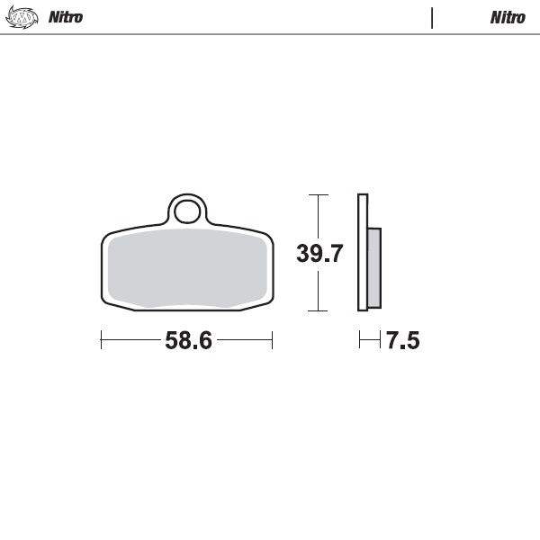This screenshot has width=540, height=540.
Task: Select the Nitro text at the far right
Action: (x=508, y=17)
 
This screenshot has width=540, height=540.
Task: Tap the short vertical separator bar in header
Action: (x=432, y=17)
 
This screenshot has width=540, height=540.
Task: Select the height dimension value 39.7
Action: (x=319, y=254)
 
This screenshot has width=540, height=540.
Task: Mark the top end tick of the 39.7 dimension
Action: (x=317, y=194)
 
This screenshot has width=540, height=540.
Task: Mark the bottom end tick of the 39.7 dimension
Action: (x=317, y=310)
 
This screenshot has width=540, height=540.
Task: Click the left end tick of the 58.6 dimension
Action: (x=101, y=340)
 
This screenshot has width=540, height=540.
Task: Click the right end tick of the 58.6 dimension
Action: (x=272, y=340)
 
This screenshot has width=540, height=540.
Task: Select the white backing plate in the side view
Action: (x=362, y=252)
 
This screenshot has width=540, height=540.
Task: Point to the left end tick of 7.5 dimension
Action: (x=359, y=340)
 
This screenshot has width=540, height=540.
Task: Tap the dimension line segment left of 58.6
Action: (x=130, y=340)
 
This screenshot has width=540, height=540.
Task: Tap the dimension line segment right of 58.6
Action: (x=245, y=340)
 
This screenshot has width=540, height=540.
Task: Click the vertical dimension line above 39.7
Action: (x=317, y=216)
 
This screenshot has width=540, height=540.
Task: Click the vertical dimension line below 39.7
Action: (x=317, y=290)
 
